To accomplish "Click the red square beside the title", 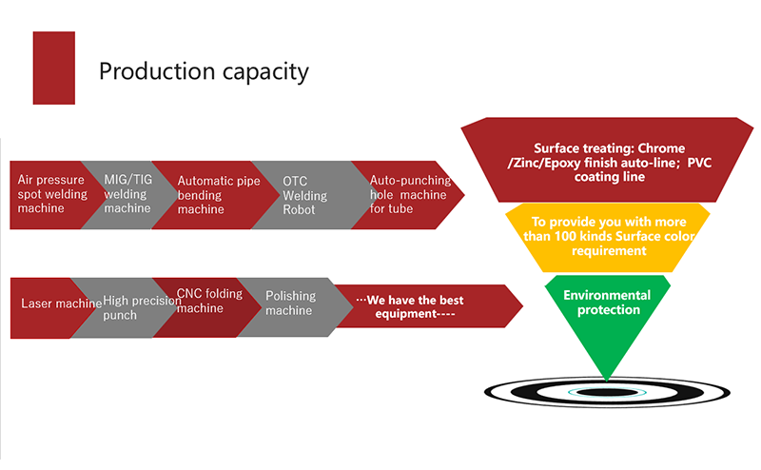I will (x=54, y=68).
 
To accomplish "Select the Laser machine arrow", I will (x=43, y=304).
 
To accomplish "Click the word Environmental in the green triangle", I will (x=606, y=295).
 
